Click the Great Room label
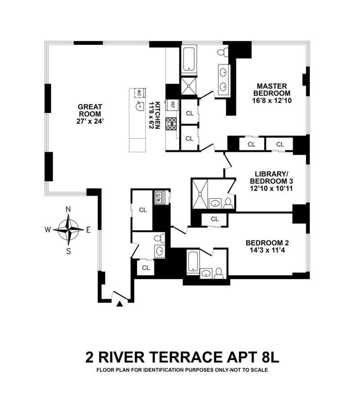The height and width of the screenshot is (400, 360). coord(90,114)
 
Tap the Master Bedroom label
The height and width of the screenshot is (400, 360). coord(272,93)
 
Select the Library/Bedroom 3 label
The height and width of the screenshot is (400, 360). coord(271,181)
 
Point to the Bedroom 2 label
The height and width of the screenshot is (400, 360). coord(267,247)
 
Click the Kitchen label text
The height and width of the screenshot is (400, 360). coord(155,115)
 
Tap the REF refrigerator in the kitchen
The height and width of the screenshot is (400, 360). coord(173,104)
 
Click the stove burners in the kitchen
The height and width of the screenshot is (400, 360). coord(171,124)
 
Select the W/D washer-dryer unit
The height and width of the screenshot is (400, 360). coord(159,197)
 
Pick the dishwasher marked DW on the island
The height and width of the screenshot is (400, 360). coord(139,93)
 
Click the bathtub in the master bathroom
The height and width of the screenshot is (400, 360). coord(189,59)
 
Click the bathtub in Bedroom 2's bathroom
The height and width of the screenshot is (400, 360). coord(193,262)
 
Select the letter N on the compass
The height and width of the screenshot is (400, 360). coord(68,209)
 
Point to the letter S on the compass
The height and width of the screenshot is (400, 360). coord(68,251)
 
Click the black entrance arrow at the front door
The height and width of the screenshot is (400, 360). coord(119,304)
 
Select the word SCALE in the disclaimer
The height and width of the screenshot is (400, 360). coord(260,370)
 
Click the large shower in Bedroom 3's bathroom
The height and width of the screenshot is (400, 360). coord(200,194)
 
